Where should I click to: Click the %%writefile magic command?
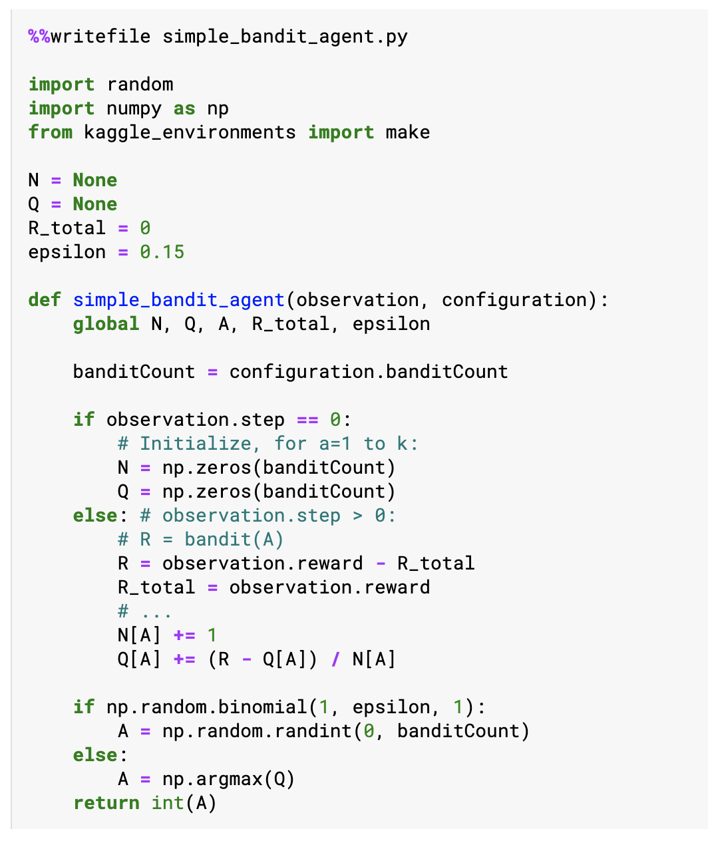coord(89,36)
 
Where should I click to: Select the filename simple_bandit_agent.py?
coord(285,36)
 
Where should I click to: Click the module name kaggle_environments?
coord(190,132)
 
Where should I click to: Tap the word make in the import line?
coord(407,132)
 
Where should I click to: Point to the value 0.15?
coord(162,252)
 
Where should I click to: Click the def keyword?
coord(45,299)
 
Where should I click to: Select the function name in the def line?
coord(178,299)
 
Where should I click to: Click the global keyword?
coord(106,323)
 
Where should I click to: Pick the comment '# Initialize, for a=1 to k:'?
coord(267,443)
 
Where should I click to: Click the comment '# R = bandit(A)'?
coord(200,539)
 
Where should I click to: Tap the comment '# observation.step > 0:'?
coord(268,515)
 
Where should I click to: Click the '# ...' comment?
coord(144,611)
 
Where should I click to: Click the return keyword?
coord(106,802)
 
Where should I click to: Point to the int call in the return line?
coord(167,802)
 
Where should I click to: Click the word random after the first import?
coord(140,84)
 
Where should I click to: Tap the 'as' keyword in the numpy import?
coord(184,108)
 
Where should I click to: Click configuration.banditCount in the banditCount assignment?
coord(368,371)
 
